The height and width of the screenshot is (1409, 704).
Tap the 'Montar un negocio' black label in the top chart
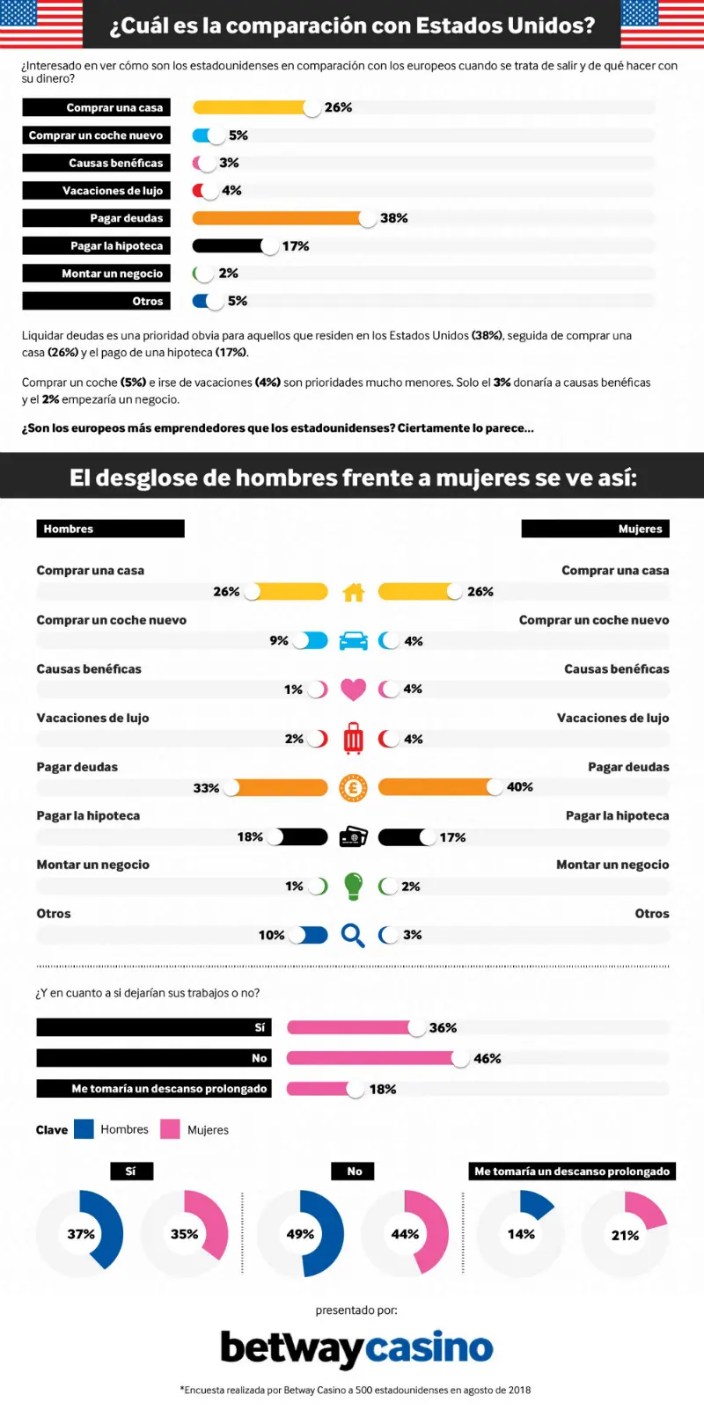pos(96,274)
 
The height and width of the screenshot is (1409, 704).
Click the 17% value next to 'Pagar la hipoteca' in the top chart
pos(295,246)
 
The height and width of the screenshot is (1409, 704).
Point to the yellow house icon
pos(353,592)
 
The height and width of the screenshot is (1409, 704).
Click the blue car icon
pos(353,641)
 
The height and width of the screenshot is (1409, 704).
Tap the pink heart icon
pos(353,690)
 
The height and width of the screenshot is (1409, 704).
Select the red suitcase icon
pos(353,739)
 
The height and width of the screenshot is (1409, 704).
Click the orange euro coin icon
pos(353,787)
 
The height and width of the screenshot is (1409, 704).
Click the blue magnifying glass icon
pos(353,935)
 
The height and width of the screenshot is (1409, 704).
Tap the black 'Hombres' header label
pos(110,529)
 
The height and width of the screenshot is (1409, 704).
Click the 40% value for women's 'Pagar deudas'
pos(520,787)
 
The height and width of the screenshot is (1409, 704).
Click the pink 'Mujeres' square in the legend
pos(170,1129)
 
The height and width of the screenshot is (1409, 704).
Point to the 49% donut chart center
pos(300,1234)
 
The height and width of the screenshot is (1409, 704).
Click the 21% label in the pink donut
pos(625,1236)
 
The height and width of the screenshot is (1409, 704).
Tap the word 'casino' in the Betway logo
pos(429,1348)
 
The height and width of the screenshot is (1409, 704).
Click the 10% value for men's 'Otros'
pos(271,935)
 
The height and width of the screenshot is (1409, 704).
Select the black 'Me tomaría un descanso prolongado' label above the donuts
pos(572,1171)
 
